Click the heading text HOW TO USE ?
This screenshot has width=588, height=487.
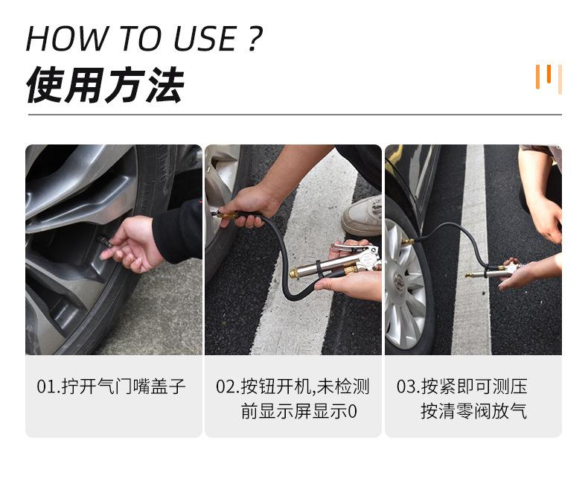tap(144, 38)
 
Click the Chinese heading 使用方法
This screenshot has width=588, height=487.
tap(104, 85)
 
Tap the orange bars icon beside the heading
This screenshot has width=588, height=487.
tap(548, 77)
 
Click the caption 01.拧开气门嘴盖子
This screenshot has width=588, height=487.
tap(112, 386)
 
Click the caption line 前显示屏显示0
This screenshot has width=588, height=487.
tap(299, 411)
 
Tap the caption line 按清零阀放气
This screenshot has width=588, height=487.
tap(473, 411)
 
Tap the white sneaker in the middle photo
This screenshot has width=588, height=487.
tap(362, 217)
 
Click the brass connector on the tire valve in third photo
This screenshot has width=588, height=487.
tap(407, 242)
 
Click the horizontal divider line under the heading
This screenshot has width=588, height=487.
tap(294, 115)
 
